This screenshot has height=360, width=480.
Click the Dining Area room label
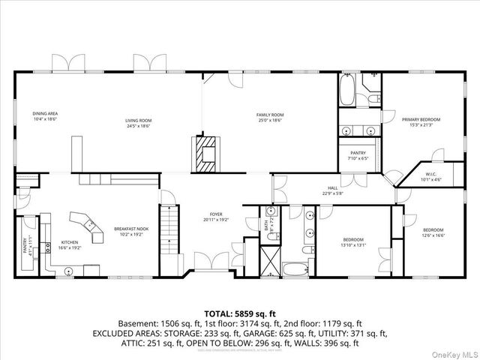46,116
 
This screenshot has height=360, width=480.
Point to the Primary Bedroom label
421,121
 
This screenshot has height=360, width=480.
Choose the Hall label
332,191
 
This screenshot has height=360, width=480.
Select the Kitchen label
70,245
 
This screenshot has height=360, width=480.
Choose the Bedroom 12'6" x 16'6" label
433,232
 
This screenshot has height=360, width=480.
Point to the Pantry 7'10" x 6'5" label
358,155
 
